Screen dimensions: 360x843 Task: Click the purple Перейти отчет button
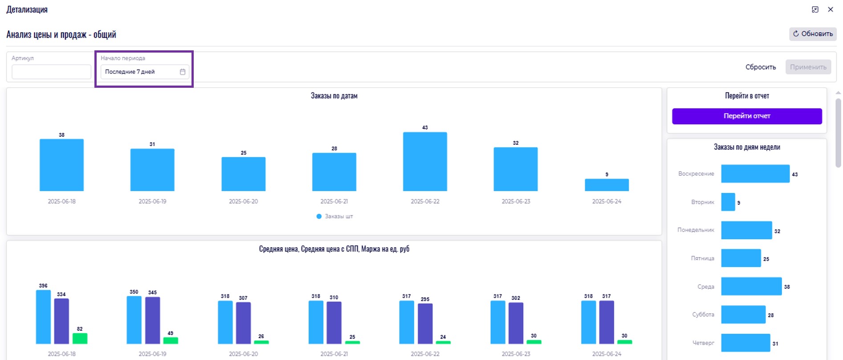pyautogui.click(x=747, y=116)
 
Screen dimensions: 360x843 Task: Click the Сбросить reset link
pyautogui.click(x=761, y=67)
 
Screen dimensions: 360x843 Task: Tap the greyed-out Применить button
pyautogui.click(x=808, y=67)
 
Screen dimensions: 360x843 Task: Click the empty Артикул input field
pyautogui.click(x=51, y=72)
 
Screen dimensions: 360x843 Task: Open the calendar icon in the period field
pyautogui.click(x=183, y=72)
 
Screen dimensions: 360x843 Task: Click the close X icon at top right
pyautogui.click(x=831, y=9)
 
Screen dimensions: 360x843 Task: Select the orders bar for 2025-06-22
pyautogui.click(x=425, y=162)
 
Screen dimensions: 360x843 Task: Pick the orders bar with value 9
pyautogui.click(x=607, y=185)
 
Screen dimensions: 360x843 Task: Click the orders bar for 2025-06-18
pyautogui.click(x=61, y=165)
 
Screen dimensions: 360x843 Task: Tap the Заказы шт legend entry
pyautogui.click(x=334, y=217)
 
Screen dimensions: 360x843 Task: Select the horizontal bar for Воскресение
pyautogui.click(x=755, y=174)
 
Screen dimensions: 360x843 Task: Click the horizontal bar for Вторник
pyautogui.click(x=728, y=202)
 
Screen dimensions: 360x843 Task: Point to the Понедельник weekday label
pyautogui.click(x=696, y=230)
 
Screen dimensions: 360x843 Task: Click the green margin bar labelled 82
pyautogui.click(x=80, y=339)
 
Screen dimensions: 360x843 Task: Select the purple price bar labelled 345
pyautogui.click(x=152, y=320)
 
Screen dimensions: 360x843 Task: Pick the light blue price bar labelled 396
pyautogui.click(x=43, y=317)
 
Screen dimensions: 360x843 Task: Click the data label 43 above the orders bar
pyautogui.click(x=425, y=127)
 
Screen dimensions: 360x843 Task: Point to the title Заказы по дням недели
pyautogui.click(x=747, y=147)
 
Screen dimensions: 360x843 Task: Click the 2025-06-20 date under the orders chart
pyautogui.click(x=243, y=201)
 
